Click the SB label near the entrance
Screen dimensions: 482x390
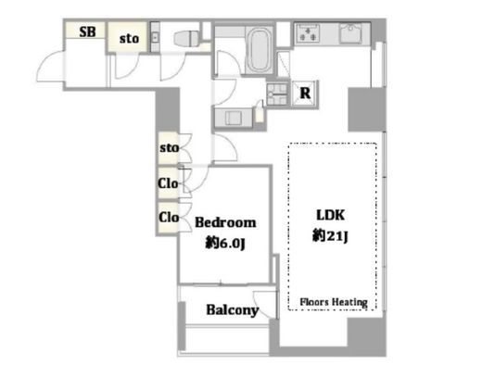[x=87, y=31]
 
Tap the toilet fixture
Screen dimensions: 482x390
[x=186, y=39]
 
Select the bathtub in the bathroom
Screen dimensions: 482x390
[x=260, y=50]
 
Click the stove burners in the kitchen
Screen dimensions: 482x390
[x=308, y=33]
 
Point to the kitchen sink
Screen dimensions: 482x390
[x=351, y=32]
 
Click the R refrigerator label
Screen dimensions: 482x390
[x=305, y=93]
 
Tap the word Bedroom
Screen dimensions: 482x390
[x=225, y=222]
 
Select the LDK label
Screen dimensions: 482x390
[x=330, y=215]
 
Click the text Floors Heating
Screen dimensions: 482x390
[x=334, y=302]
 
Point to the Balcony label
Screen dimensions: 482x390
[x=233, y=309]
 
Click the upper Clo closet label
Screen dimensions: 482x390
[x=168, y=183]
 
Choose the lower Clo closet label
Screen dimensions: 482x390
[x=169, y=217]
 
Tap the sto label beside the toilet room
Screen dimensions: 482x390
[x=129, y=39]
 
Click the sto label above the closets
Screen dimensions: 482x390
[x=169, y=148]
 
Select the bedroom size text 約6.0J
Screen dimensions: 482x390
[x=225, y=244]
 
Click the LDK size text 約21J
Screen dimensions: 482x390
[x=330, y=236]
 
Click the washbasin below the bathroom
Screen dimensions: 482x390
[x=234, y=118]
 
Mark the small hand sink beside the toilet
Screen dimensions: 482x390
[x=155, y=38]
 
